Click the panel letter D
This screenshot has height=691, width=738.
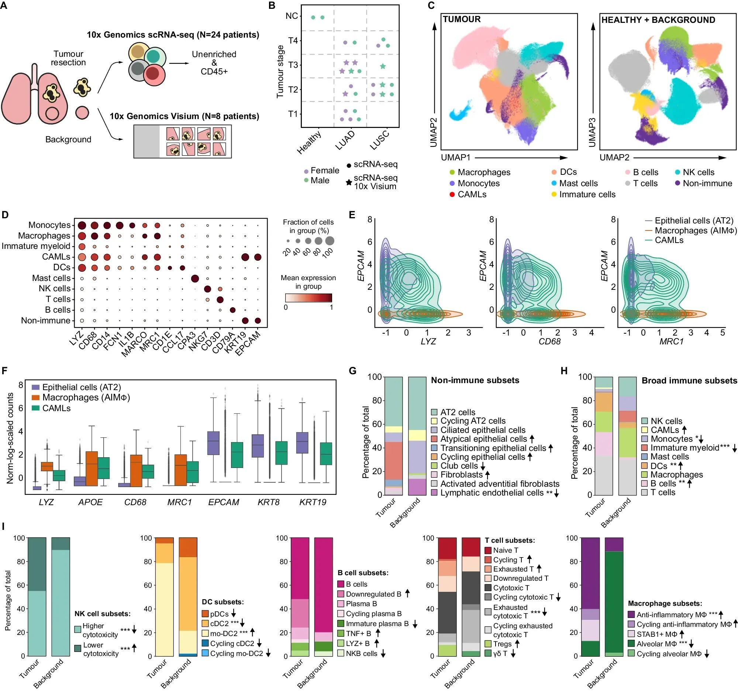coord(5,215)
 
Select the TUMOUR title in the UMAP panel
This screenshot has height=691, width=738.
coord(462,19)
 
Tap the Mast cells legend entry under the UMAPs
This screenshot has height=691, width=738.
coord(578,183)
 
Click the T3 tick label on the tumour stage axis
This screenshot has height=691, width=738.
coord(293,65)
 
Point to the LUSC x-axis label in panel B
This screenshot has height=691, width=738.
coord(380,140)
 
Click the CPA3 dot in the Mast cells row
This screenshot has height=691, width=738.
coord(194,278)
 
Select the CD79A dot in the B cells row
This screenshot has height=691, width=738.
coord(232,310)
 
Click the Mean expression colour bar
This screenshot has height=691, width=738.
coord(308,298)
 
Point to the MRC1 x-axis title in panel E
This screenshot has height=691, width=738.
coord(671,341)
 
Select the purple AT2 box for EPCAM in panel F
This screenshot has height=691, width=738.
coord(213,443)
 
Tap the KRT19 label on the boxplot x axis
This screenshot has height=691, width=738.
coord(313,502)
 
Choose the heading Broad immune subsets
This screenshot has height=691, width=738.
coord(689,381)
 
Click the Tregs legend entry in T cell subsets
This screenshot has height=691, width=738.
coord(502,644)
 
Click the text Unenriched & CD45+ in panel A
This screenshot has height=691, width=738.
coord(214,63)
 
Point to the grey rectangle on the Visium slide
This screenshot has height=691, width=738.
coord(146,142)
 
